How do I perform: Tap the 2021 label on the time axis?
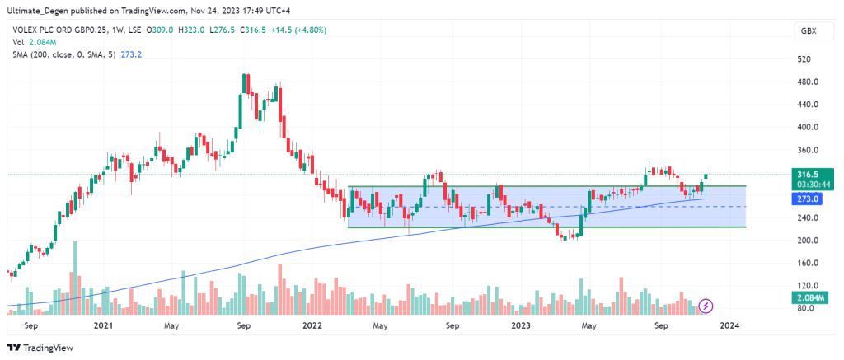click(x=103, y=325)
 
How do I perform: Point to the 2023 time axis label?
click(x=519, y=325)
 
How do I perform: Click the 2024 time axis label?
click(x=729, y=325)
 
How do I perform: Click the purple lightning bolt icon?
click(x=706, y=306)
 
